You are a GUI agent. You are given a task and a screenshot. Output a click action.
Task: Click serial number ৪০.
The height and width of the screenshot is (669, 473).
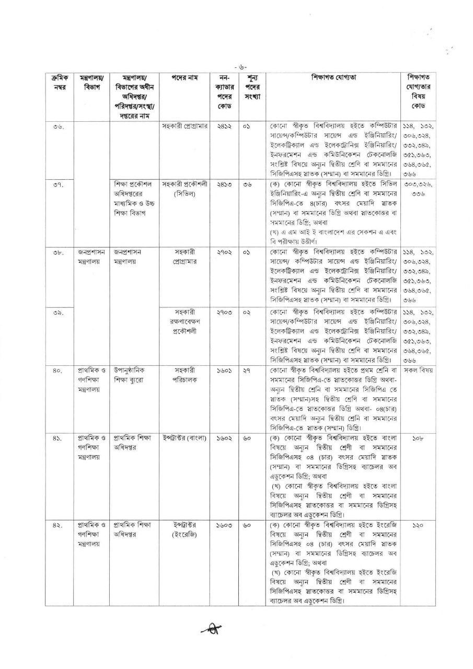pos(58,371)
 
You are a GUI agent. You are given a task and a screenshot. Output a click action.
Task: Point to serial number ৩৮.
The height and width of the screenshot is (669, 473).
pos(58,252)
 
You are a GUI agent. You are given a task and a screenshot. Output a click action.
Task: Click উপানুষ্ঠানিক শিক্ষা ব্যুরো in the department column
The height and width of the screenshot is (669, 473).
pos(133,375)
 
